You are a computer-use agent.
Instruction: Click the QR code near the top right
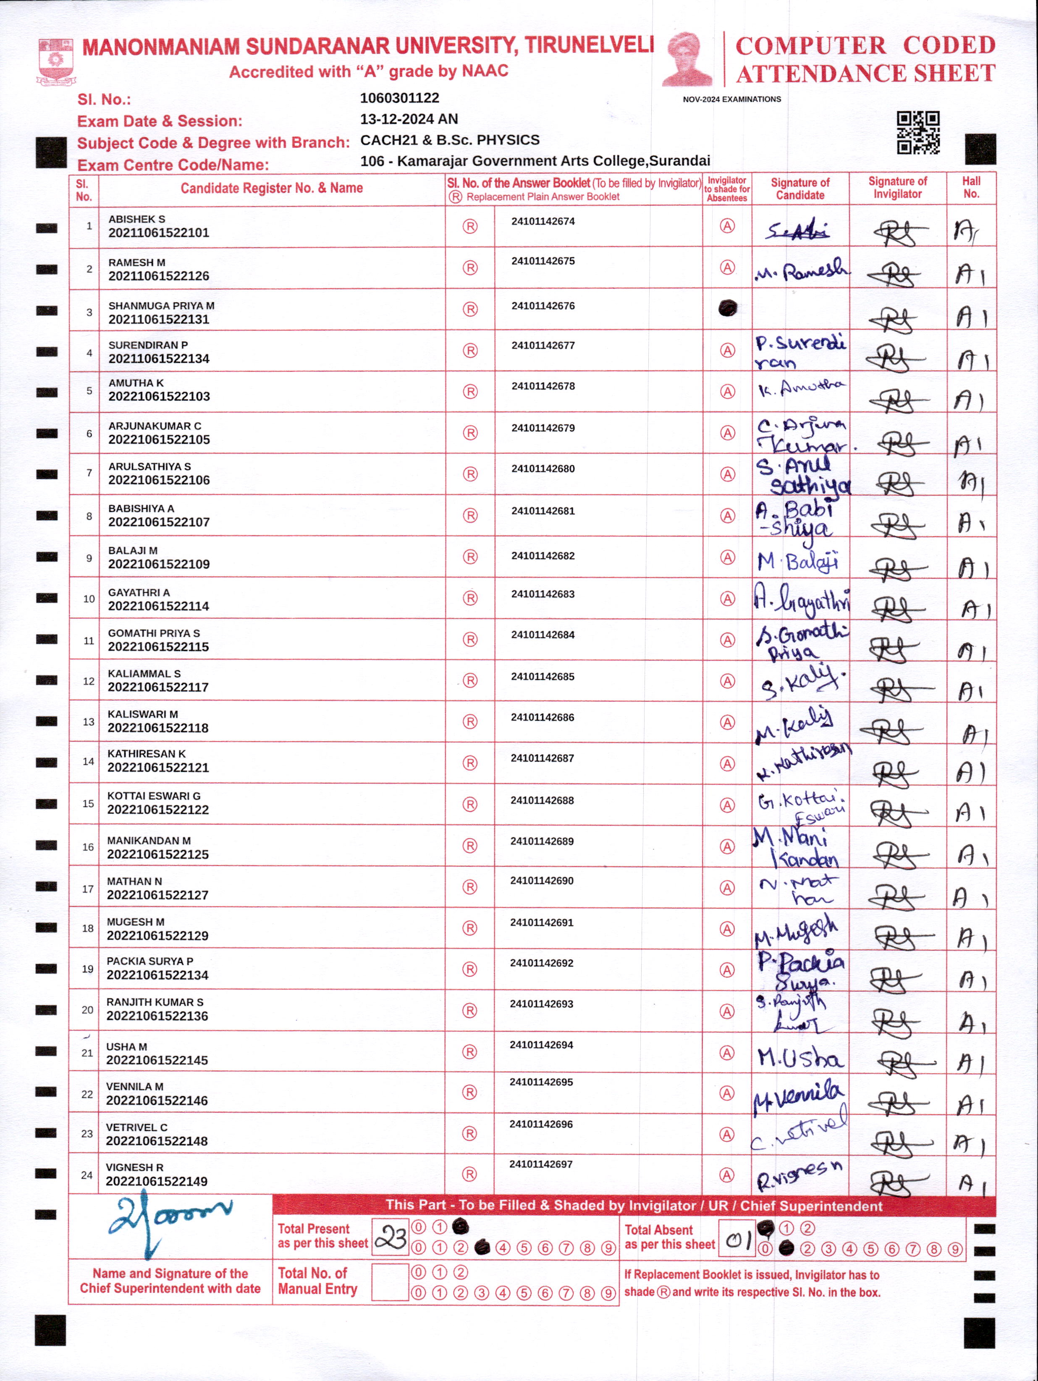coord(918,132)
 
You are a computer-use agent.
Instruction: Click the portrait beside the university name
coord(687,59)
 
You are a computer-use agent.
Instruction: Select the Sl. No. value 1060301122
coord(400,98)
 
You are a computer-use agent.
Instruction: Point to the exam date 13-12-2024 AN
coord(409,119)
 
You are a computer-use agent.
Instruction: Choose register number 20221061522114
coord(159,606)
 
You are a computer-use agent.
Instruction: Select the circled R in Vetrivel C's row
coord(469,1133)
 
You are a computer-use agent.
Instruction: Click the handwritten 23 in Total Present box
coord(391,1237)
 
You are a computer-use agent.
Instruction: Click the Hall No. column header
coord(971,187)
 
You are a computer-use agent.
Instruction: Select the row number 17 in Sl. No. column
coord(88,888)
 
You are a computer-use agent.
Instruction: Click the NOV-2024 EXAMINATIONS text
coord(731,99)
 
